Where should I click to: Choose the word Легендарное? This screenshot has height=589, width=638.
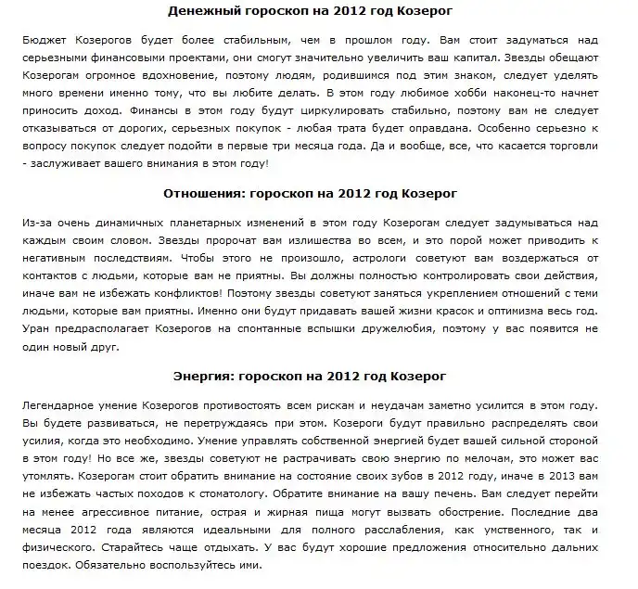coord(64,409)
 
